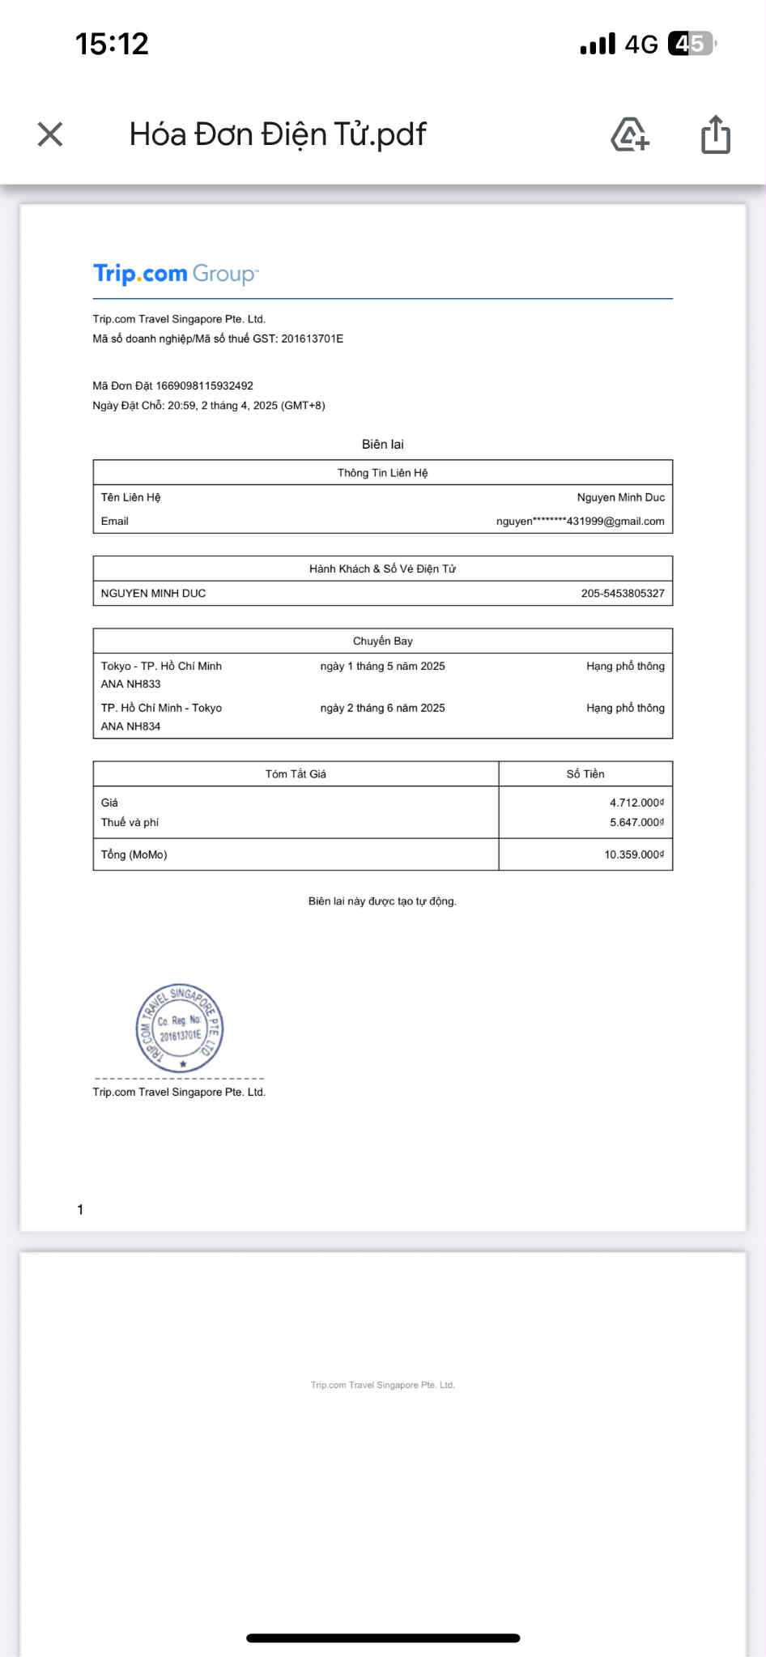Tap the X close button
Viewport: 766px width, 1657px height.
point(50,134)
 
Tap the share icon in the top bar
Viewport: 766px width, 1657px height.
point(715,134)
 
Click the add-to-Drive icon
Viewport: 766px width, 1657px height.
point(630,134)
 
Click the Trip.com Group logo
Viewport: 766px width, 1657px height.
point(175,274)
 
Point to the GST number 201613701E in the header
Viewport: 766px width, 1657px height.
point(312,339)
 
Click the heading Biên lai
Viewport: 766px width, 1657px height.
point(382,445)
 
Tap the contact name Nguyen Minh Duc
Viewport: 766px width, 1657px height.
point(620,497)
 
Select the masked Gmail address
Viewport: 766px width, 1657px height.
point(580,522)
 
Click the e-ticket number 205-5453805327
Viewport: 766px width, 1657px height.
point(622,594)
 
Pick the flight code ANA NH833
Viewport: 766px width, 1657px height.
point(130,684)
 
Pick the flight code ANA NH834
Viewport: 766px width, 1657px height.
point(130,726)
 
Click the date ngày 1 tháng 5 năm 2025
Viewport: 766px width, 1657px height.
point(382,667)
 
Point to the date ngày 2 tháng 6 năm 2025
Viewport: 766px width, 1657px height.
point(382,708)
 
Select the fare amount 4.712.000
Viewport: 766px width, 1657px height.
point(636,803)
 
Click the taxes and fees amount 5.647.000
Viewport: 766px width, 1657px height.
point(636,823)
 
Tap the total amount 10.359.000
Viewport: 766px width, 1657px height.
point(633,855)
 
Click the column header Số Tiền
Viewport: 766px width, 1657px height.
point(585,774)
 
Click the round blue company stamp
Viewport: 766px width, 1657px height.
point(180,1029)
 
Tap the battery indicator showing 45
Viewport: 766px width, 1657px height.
point(691,44)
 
